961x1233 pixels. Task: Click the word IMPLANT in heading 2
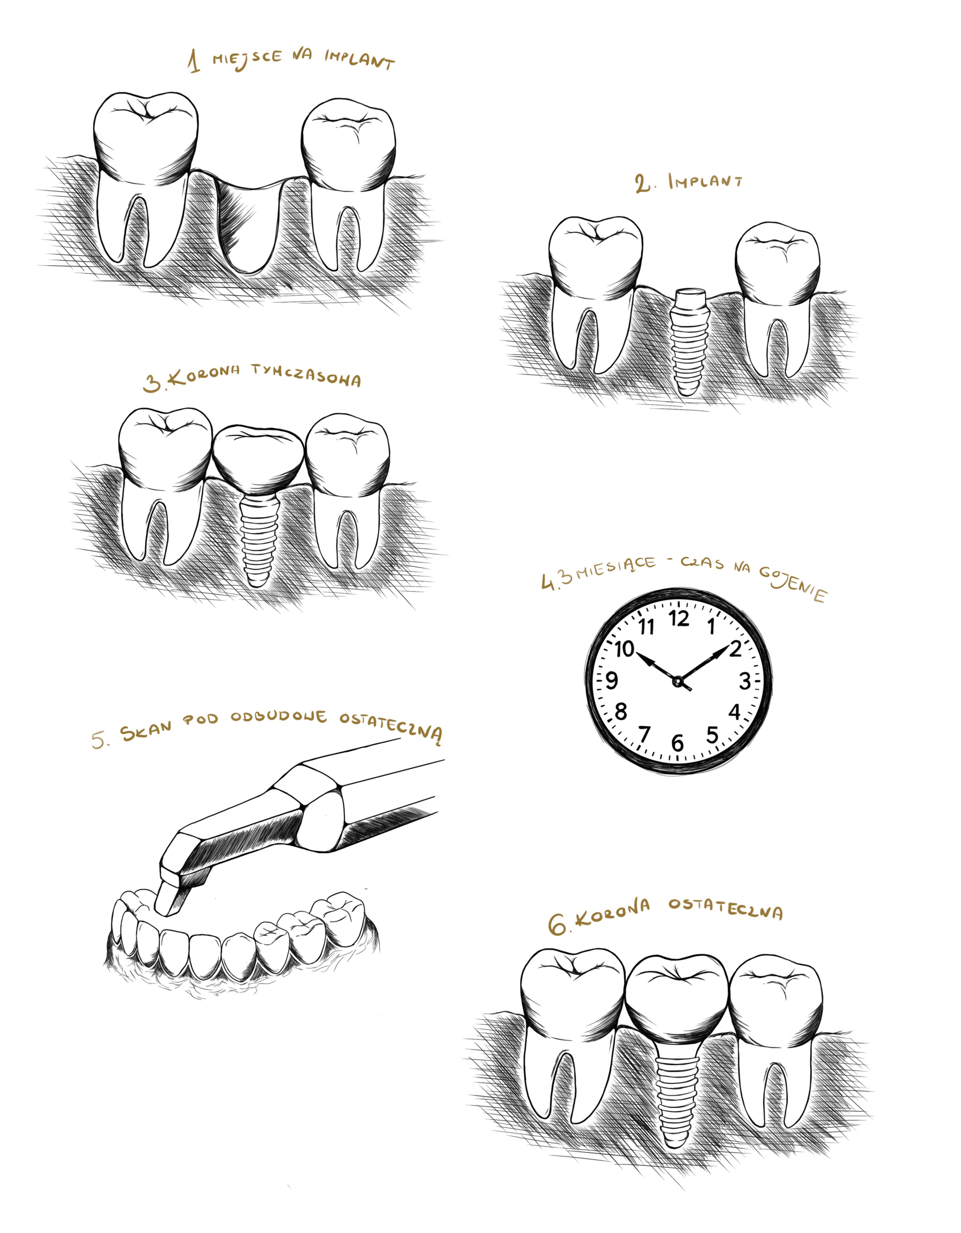pyautogui.click(x=705, y=181)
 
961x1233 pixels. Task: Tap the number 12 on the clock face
pyautogui.click(x=679, y=619)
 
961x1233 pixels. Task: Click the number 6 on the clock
pyautogui.click(x=678, y=743)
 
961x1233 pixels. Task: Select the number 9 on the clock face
pyautogui.click(x=611, y=681)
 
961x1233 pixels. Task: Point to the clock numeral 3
pyautogui.click(x=745, y=681)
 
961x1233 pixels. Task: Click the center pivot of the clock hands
pyautogui.click(x=678, y=682)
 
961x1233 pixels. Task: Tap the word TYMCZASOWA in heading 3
pyautogui.click(x=306, y=375)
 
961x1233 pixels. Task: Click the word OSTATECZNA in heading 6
pyautogui.click(x=726, y=908)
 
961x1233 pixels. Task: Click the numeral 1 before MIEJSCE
pyautogui.click(x=194, y=61)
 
